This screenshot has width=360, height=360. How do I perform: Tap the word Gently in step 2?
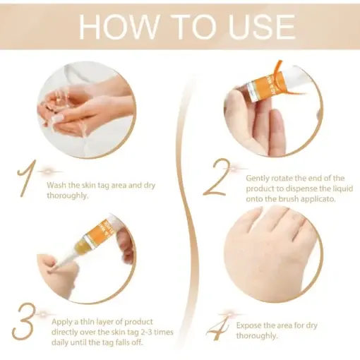point(259,178)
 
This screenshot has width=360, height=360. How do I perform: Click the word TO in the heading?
point(188,26)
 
